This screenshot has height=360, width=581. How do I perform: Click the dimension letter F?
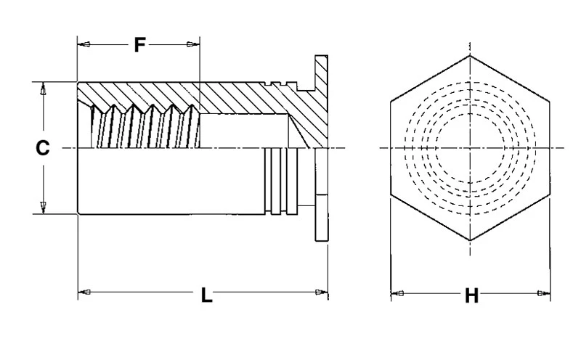coord(139,45)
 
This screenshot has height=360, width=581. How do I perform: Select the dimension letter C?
coord(43,148)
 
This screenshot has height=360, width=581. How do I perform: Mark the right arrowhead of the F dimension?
coord(192,45)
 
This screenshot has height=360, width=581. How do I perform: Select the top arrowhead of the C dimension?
coord(43,90)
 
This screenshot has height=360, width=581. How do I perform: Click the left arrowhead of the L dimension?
coord(84,292)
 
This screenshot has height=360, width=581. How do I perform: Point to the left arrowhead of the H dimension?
coord(397,293)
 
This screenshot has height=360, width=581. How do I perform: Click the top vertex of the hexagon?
coord(470,55)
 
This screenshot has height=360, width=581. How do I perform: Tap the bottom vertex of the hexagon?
coord(470,240)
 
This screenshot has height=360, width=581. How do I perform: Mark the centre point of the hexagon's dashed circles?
coord(470,148)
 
